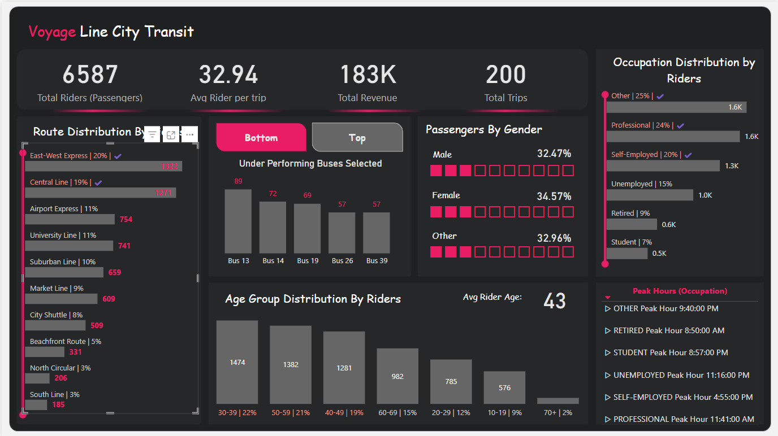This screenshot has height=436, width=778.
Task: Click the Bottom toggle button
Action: click(261, 138)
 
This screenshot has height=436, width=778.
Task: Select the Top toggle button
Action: click(357, 138)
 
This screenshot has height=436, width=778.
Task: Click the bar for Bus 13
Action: click(238, 221)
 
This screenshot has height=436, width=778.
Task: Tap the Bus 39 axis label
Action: click(377, 261)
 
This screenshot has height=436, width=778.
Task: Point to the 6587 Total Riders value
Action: click(90, 75)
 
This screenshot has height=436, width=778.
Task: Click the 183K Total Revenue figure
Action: click(368, 75)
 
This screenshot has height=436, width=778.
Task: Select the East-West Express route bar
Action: click(103, 166)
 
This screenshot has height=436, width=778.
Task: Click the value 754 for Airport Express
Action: click(126, 219)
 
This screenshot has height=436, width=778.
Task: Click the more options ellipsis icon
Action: click(190, 134)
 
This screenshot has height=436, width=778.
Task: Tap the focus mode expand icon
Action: click(171, 134)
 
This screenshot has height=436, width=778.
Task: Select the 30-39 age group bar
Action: click(237, 362)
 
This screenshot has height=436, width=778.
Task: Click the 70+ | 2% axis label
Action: click(557, 413)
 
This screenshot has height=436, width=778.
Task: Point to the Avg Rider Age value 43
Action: click(554, 301)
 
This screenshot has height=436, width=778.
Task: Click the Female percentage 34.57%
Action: click(554, 197)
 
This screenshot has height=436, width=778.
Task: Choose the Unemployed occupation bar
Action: click(650, 195)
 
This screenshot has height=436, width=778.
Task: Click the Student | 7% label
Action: click(631, 242)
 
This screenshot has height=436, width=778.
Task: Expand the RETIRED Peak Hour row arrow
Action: click(608, 331)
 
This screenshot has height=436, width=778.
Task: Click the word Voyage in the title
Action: click(52, 32)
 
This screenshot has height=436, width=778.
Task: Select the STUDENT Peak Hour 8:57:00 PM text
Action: click(671, 352)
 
